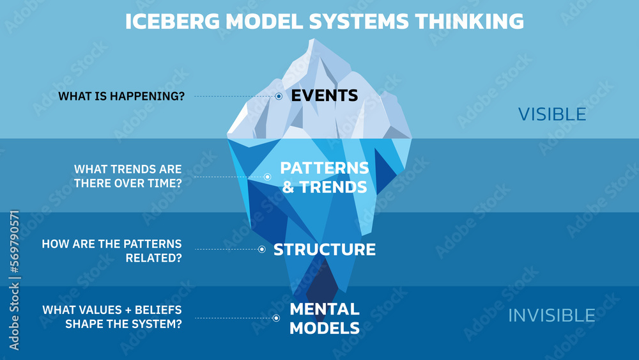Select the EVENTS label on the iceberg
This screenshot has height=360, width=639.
(324, 96)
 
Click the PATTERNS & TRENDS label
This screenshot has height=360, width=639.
(324, 177)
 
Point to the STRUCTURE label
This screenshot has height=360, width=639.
(324, 249)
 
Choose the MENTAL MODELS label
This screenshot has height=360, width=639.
(324, 318)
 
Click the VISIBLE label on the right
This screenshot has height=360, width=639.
(551, 114)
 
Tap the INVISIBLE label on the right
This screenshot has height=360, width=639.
(551, 315)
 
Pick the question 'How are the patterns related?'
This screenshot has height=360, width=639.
(112, 250)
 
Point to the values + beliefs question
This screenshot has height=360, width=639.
(112, 317)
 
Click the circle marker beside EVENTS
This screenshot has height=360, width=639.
(279, 97)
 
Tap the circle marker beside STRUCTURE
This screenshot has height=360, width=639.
(261, 249)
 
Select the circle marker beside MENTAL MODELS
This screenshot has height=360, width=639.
(276, 318)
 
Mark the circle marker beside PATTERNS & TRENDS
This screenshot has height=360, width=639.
(267, 177)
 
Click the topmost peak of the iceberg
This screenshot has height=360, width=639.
(312, 40)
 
